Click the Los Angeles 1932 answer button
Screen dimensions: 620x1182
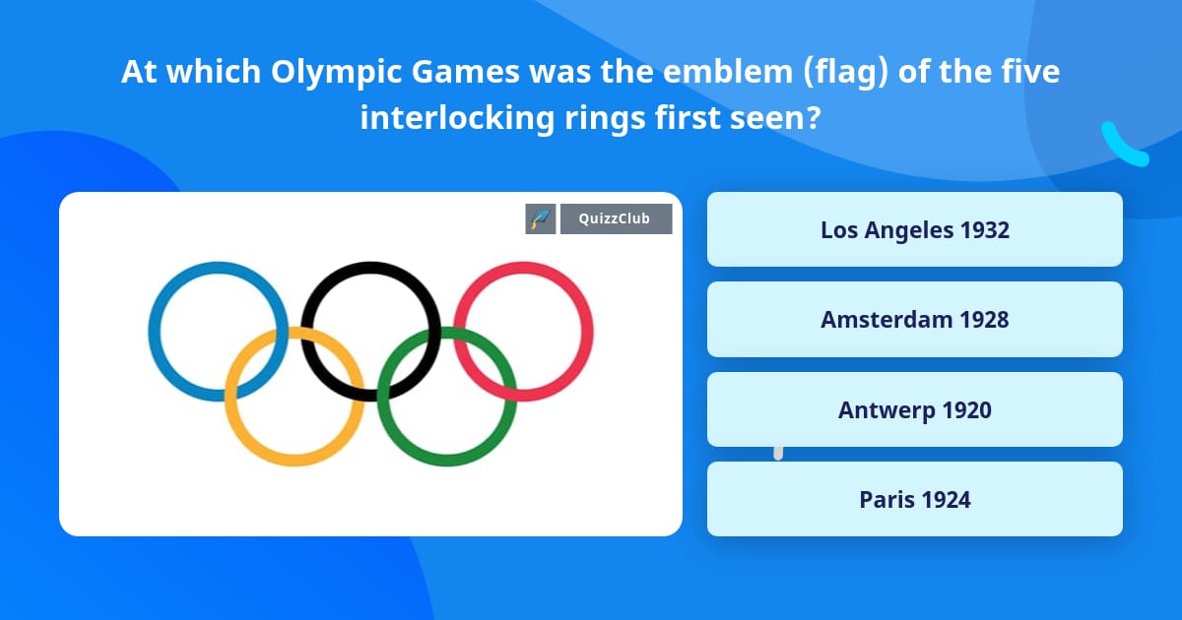(x=914, y=229)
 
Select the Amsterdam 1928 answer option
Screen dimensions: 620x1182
(x=914, y=320)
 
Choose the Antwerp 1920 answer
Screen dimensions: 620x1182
(x=914, y=409)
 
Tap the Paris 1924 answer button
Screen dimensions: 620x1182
(x=914, y=499)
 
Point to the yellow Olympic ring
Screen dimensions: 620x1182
(x=295, y=458)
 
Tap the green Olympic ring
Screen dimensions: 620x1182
(x=446, y=459)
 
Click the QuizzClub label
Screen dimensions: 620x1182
(x=616, y=218)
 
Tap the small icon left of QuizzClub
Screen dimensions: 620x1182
(x=540, y=218)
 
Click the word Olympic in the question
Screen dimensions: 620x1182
(x=322, y=72)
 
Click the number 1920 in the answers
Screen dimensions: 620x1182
(x=966, y=409)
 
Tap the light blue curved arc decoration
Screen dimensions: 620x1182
(x=1122, y=146)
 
